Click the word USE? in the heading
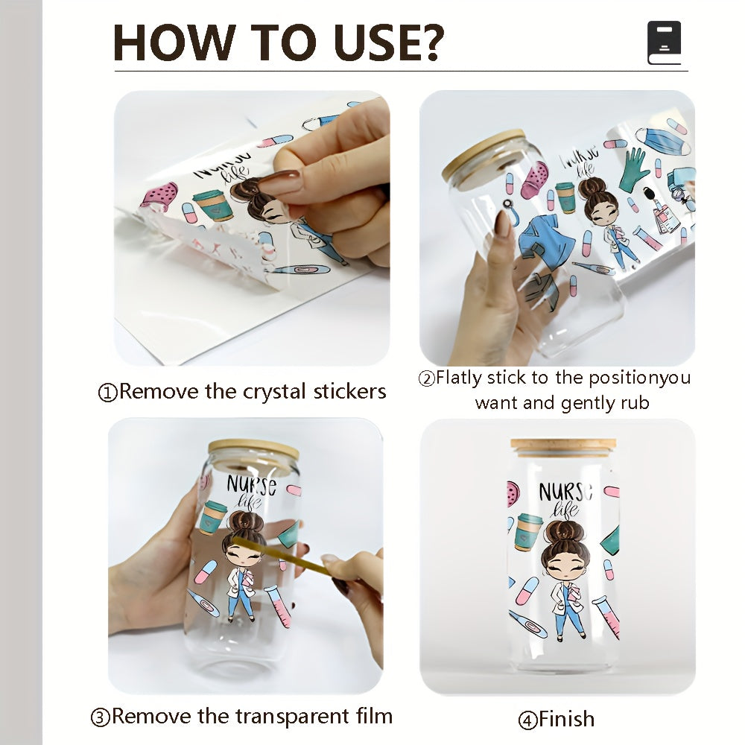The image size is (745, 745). [389, 42]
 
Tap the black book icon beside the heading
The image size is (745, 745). [665, 42]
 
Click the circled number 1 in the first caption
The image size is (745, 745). [107, 393]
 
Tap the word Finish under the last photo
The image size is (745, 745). [566, 719]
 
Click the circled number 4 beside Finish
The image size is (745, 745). [528, 720]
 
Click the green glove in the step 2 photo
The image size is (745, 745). [635, 170]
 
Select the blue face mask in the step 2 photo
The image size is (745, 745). [662, 141]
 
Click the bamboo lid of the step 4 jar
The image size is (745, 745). [563, 447]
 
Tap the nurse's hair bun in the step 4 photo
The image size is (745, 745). [565, 531]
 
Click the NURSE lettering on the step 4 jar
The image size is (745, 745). [566, 492]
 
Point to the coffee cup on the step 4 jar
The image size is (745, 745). [527, 531]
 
